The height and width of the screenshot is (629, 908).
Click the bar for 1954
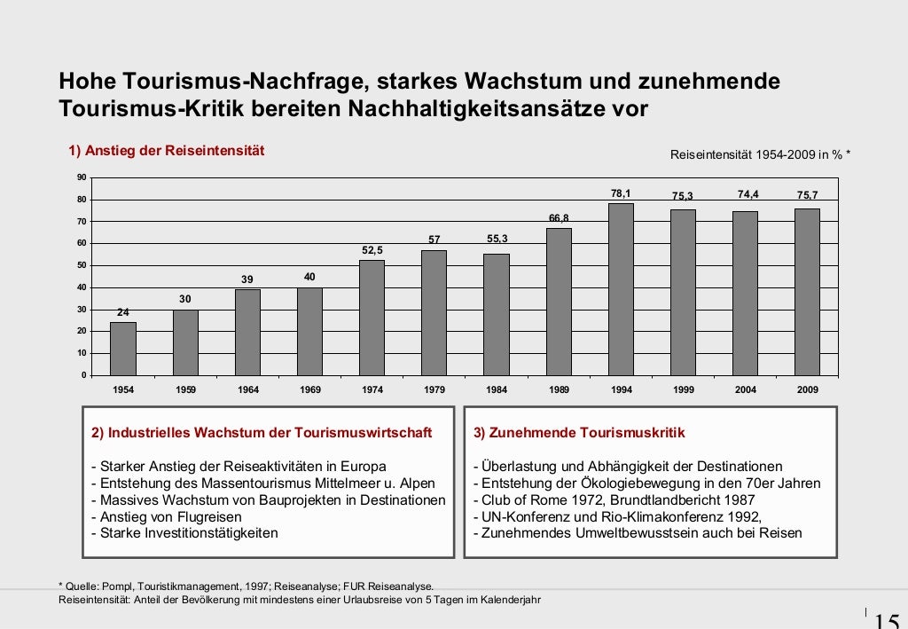(x=123, y=349)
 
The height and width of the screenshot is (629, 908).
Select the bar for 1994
(x=621, y=289)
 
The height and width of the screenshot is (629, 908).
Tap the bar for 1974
(x=372, y=318)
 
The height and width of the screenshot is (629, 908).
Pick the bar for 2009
(x=807, y=292)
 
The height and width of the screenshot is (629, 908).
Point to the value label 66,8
(x=559, y=218)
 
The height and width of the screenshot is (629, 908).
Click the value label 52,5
(x=372, y=250)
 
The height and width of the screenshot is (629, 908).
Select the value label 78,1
(x=621, y=193)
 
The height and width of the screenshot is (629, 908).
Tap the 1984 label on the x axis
(x=497, y=390)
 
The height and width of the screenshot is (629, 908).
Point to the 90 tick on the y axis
(x=82, y=177)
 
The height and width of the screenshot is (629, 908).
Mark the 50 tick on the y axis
(x=82, y=265)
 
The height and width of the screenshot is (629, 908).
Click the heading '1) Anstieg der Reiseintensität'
(x=167, y=151)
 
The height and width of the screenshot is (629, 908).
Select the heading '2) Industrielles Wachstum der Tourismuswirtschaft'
(x=262, y=433)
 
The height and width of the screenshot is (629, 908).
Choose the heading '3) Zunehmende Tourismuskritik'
(x=579, y=433)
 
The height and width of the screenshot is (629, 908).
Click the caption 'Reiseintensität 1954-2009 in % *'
(x=760, y=155)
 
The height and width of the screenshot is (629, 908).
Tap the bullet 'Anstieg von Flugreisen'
(x=164, y=517)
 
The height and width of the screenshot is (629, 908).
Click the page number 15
(x=887, y=619)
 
